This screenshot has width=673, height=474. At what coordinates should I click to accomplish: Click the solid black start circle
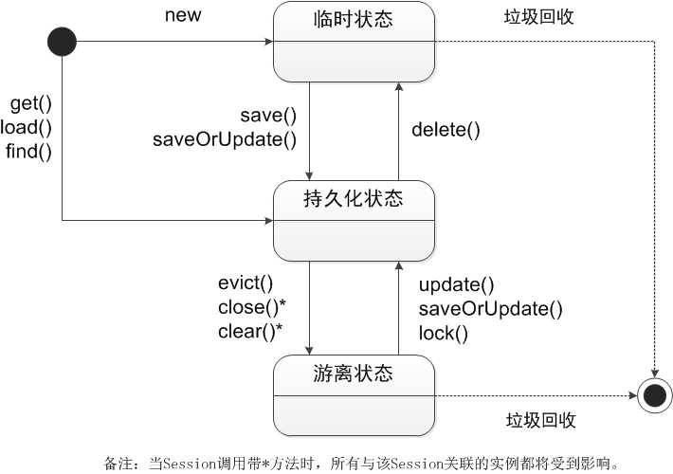point(63,41)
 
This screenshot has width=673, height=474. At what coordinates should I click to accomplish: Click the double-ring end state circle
point(654,392)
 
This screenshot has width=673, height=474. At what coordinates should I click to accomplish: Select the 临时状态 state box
point(355,42)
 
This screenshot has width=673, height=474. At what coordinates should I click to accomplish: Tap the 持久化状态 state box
point(355,221)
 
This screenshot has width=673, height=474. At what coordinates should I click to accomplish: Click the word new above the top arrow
point(183,15)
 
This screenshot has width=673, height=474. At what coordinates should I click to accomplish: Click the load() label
point(27,126)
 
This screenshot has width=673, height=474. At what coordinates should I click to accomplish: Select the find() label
point(28,150)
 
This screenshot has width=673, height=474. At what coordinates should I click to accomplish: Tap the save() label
point(268,116)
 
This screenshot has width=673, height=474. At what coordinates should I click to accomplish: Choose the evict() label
point(245,283)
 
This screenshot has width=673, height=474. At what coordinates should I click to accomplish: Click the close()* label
point(251,307)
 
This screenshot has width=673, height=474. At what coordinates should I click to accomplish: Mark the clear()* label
point(251,331)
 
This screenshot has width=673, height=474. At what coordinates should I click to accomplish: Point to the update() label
point(457,284)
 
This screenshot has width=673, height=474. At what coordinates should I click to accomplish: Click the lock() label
point(444,333)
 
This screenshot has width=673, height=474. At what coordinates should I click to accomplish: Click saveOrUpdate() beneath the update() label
point(491,308)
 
